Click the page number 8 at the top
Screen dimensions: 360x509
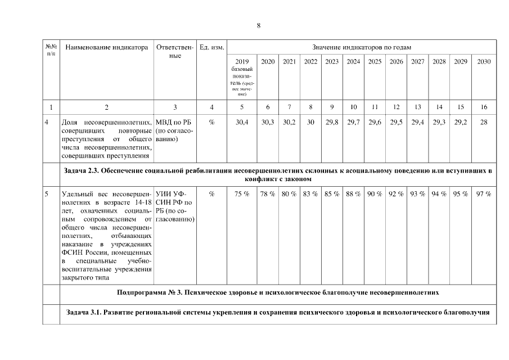point(258,25)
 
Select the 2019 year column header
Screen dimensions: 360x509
point(242,61)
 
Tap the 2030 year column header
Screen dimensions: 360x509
point(483,61)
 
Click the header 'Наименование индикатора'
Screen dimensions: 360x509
point(106,47)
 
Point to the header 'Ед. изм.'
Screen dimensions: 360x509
point(211,47)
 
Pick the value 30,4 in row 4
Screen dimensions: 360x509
point(242,123)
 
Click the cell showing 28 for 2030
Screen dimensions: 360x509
point(483,123)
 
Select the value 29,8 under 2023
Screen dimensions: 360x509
point(332,123)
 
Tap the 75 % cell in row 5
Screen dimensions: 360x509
point(242,194)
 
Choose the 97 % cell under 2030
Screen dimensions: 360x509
point(483,194)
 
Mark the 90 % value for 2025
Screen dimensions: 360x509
point(375,194)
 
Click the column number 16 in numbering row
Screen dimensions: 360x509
point(483,106)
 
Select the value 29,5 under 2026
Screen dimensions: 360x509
point(397,123)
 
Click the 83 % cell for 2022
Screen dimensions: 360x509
point(310,194)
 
